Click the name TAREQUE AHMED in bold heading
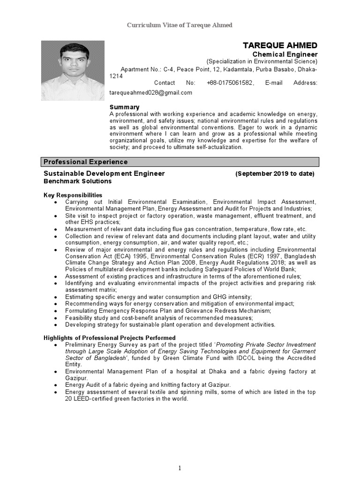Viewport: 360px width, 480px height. pyautogui.click(x=280, y=45)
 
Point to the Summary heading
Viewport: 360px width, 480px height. pyautogui.click(x=124, y=107)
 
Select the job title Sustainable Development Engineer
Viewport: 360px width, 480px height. pyautogui.click(x=104, y=173)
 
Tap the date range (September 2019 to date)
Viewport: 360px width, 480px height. pyautogui.click(x=275, y=174)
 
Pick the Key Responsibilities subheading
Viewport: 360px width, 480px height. pyautogui.click(x=73, y=195)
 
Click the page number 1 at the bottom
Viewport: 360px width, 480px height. pyautogui.click(x=180, y=468)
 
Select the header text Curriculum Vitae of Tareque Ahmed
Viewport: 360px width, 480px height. pyautogui.click(x=180, y=25)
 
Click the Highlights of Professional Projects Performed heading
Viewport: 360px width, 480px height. pyautogui.click(x=110, y=337)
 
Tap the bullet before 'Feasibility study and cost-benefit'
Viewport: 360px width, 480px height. pyautogui.click(x=56, y=318)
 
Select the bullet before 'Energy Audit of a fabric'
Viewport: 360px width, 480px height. pyautogui.click(x=56, y=385)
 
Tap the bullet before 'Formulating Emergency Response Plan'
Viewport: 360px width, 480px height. pyautogui.click(x=56, y=311)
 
